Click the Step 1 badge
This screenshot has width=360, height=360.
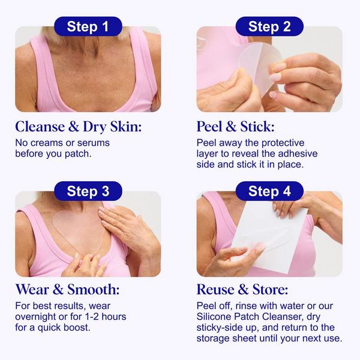point(88,26)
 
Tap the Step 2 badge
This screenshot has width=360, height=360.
point(269,26)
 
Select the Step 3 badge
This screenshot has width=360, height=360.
point(88,191)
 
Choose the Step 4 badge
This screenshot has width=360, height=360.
point(269,191)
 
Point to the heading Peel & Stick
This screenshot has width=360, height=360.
point(235,127)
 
